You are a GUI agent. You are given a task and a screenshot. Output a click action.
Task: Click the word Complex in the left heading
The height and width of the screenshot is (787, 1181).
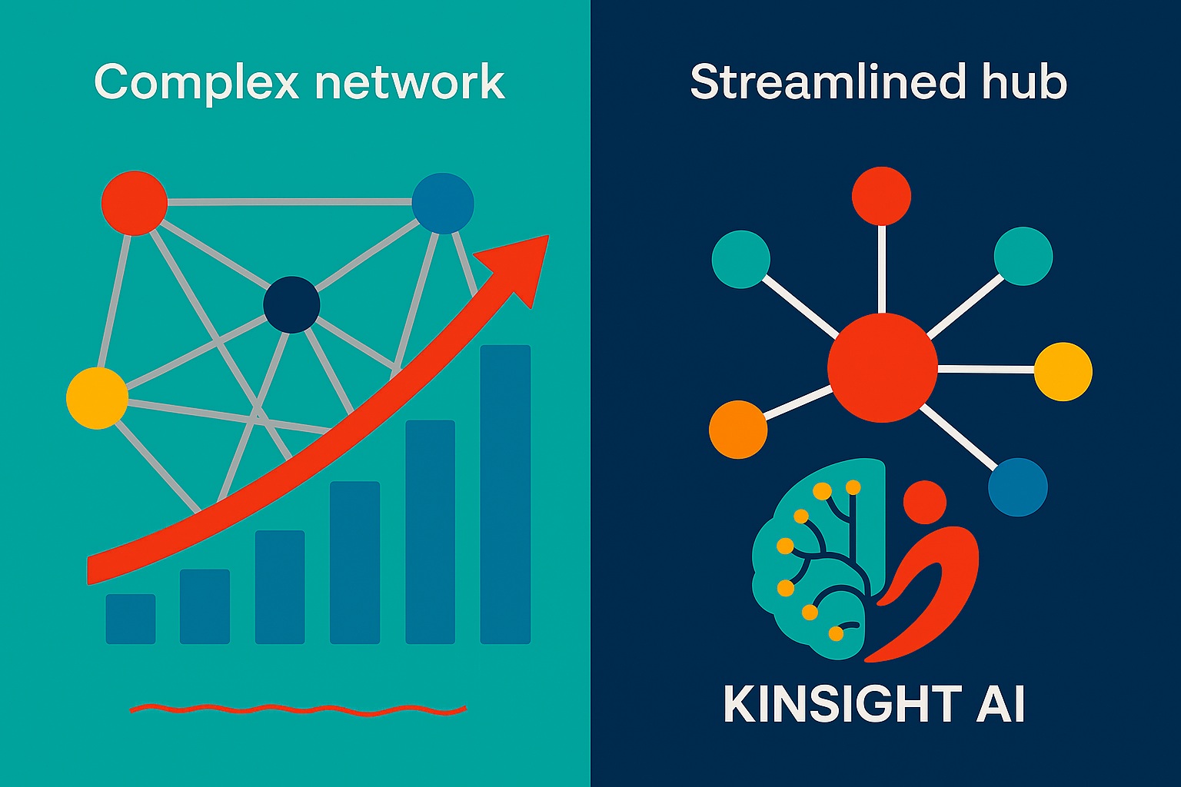coord(195,83)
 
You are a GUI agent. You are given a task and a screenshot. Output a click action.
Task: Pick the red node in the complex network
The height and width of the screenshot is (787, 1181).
coord(135,203)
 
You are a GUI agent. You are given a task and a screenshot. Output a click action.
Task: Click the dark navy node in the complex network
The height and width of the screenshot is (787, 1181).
coord(291,304)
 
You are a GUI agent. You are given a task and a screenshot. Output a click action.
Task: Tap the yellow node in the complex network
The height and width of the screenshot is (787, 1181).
coord(97,398)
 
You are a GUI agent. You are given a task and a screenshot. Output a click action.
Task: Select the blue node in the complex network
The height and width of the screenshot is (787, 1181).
coord(443,204)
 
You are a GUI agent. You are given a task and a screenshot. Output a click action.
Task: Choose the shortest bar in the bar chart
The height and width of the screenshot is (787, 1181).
coord(131,619)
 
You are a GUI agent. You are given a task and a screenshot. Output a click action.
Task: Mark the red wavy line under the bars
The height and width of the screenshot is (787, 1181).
coord(298,709)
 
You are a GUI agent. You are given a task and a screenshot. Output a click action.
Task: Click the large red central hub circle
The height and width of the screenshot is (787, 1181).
coord(882,367)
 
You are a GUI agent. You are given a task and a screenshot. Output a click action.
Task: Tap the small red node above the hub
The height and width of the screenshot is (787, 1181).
coord(881,196)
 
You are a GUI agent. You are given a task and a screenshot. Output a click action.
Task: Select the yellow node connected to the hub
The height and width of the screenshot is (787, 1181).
coord(1063,371)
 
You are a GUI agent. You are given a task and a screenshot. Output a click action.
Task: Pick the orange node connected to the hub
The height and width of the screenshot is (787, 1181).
coord(738,430)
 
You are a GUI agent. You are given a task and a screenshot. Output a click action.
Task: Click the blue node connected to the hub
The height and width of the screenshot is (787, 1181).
coord(1017,487)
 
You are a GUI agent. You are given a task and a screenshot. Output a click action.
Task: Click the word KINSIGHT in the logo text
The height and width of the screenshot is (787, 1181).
coord(841,704)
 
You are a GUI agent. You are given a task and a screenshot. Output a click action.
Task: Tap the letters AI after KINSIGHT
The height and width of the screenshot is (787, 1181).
coord(1000,704)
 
